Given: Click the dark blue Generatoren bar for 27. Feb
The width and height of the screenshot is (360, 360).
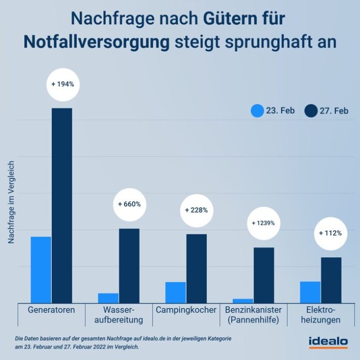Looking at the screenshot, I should coord(62,205).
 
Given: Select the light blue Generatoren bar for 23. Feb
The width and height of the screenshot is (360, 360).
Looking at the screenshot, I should coord(41,269).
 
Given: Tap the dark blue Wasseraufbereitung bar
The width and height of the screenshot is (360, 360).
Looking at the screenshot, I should coord(129,265).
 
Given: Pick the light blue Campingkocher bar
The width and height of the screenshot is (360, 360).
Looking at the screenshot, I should coord(175,292).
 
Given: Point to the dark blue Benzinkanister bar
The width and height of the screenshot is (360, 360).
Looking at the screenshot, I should coord(263,275).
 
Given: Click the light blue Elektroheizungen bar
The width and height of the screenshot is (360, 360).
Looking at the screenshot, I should coord(310,292).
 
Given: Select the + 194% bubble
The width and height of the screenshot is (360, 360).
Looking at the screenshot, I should coord(63,84).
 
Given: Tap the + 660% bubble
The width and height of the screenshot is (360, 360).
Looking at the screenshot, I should coord(129,204).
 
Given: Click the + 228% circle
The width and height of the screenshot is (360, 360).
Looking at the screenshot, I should coord(196,210).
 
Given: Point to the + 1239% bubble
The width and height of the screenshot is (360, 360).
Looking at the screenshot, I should coord(263,223).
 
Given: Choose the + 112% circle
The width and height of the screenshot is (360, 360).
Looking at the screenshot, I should coord(331,233).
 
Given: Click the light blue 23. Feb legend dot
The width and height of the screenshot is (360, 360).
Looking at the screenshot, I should coord(257,111).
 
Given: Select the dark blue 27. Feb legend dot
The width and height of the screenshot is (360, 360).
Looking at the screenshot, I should coord(311,111).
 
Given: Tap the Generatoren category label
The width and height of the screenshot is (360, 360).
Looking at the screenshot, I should coord(51,310).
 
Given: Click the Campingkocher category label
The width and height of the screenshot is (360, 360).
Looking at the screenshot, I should coord(186,310).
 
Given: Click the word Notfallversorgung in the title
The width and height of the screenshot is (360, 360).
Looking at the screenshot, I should coord(97,42).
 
